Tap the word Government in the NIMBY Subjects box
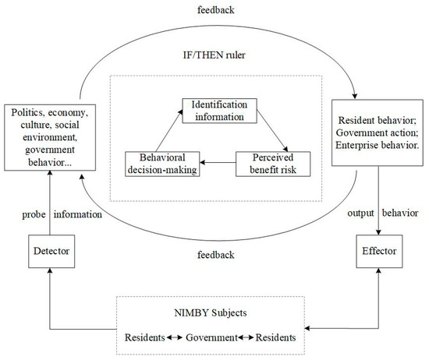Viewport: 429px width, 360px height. (x=213, y=337)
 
